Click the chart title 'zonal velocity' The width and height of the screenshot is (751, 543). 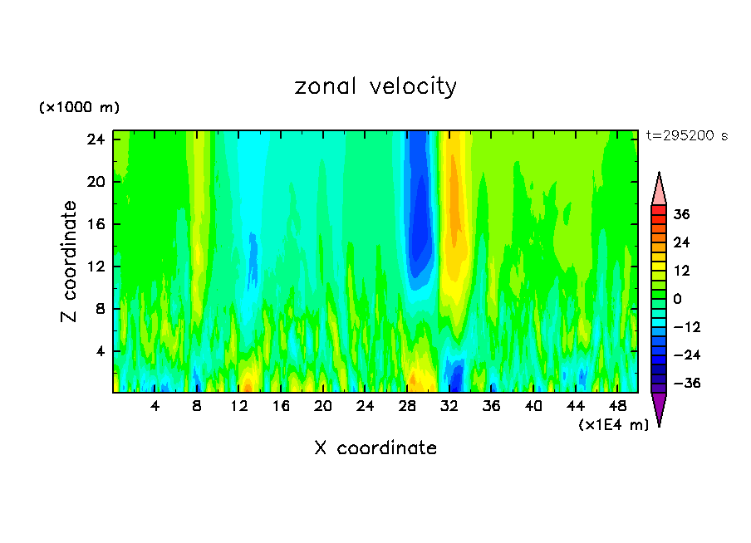tap(375, 86)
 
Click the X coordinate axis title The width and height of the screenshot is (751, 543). tap(375, 448)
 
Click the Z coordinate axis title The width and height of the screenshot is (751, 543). tap(70, 262)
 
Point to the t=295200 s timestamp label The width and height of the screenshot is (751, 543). tap(686, 136)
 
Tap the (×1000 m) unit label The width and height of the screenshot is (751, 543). tap(79, 108)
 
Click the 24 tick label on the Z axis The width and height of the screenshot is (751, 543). tap(96, 139)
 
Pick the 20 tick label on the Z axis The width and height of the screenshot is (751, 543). tap(96, 181)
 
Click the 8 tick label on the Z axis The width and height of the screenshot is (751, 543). tap(101, 309)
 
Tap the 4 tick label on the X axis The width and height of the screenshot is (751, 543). tap(155, 406)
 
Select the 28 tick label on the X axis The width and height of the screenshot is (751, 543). tap(407, 406)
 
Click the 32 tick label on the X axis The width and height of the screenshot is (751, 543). tap(449, 406)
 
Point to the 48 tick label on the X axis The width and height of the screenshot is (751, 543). tap(617, 406)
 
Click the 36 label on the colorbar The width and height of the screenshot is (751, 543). tap(681, 214)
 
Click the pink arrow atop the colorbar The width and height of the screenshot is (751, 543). tap(659, 189)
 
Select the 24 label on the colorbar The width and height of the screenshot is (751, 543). tap(681, 242)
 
